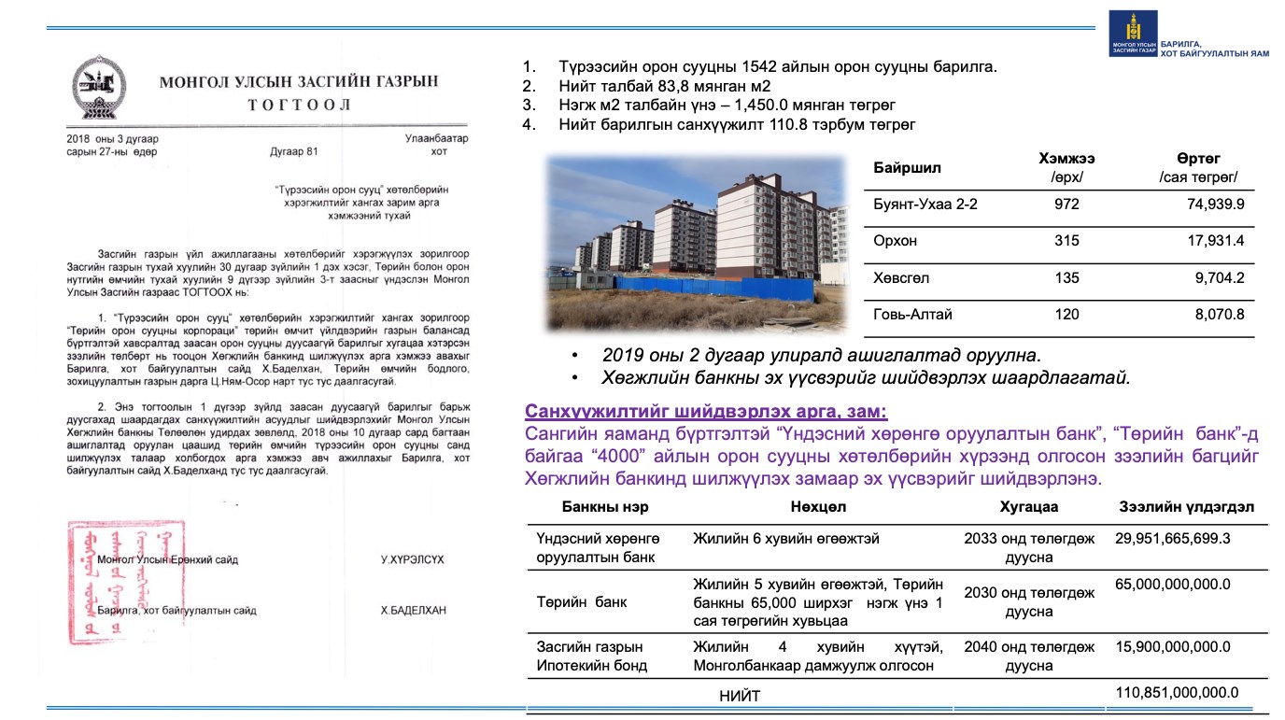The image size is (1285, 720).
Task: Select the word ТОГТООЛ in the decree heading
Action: click(299, 105)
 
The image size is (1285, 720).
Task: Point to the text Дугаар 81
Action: click(294, 151)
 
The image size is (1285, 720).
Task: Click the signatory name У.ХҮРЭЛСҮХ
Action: click(412, 559)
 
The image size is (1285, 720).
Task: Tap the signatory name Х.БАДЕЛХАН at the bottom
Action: click(413, 611)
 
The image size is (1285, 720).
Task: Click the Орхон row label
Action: click(896, 241)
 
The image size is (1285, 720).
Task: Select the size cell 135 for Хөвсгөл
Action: click(1066, 277)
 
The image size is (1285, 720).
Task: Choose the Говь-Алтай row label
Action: click(913, 315)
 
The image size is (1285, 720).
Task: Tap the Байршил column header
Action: click(907, 168)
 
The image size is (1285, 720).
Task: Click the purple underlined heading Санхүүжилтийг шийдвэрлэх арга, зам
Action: click(706, 412)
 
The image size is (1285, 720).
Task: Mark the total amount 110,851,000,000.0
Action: click(1177, 692)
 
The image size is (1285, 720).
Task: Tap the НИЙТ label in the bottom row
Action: click(740, 696)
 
